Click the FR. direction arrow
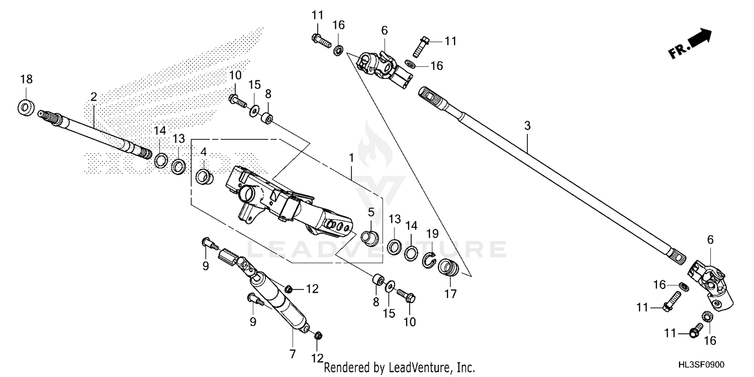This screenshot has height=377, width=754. tap(691, 44)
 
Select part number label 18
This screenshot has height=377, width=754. tap(26, 79)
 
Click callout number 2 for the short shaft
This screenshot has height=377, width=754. tap(93, 97)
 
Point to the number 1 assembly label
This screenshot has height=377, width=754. tap(351, 158)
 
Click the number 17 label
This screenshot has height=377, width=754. tap(450, 295)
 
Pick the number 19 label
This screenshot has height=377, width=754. tap(432, 234)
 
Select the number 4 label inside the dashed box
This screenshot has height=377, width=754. tap(204, 151)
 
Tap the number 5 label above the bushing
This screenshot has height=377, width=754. tap(370, 212)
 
